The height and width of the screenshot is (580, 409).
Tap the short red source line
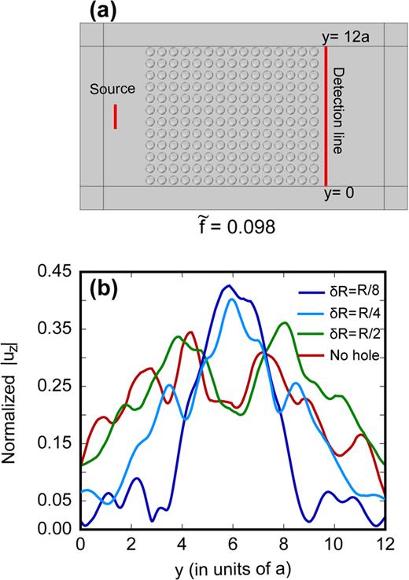(115, 116)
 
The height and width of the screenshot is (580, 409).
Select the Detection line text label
(339, 114)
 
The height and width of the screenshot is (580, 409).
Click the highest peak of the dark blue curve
(228, 285)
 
